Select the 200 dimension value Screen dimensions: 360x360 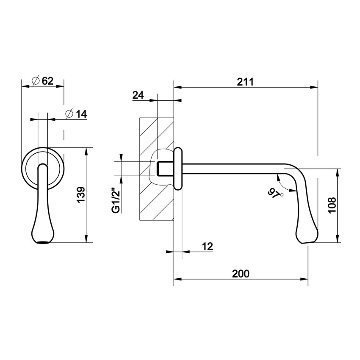pos(241,273)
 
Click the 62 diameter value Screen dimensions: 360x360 pos(47,80)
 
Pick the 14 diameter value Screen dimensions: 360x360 pos(81,114)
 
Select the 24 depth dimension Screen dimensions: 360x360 pos(138,95)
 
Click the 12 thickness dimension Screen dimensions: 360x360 pos(207,246)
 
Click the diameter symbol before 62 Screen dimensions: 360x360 pos(36,80)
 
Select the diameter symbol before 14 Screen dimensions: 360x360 pos(70,114)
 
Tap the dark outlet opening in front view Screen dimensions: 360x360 pos(43,243)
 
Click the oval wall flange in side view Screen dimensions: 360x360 pos(178,169)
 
